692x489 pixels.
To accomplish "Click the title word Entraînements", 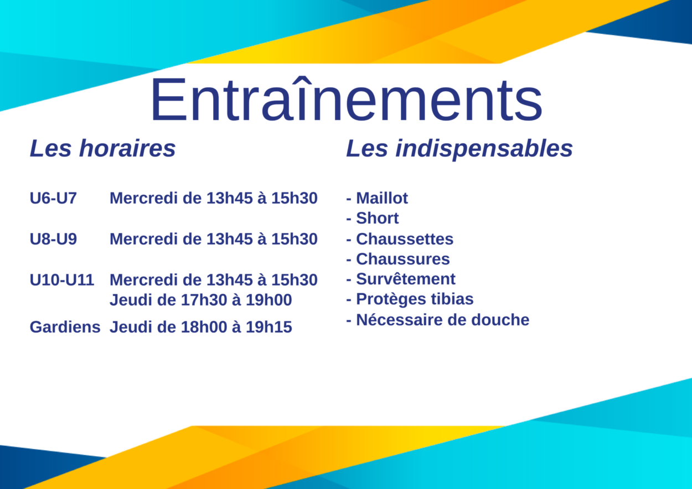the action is [347, 99].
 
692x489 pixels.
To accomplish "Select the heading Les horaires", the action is [102, 148].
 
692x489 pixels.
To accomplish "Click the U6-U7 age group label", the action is [53, 198].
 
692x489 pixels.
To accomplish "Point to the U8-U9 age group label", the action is [53, 239].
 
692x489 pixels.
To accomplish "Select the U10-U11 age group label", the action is [62, 280].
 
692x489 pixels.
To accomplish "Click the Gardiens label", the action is [65, 327].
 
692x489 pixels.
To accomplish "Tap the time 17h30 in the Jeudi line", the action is [204, 300].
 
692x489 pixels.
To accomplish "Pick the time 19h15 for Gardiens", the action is [268, 327].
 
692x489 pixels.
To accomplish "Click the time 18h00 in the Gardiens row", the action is [204, 327].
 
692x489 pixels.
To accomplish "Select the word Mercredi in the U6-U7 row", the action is [143, 198].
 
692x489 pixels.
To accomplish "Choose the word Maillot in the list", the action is [382, 198].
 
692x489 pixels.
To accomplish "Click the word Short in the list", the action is [377, 218].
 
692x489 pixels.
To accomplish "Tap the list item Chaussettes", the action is [405, 239].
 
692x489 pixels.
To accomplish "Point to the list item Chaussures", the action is [403, 259].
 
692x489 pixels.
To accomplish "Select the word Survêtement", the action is [406, 279].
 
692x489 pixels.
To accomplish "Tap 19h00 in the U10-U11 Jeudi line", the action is [268, 300].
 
